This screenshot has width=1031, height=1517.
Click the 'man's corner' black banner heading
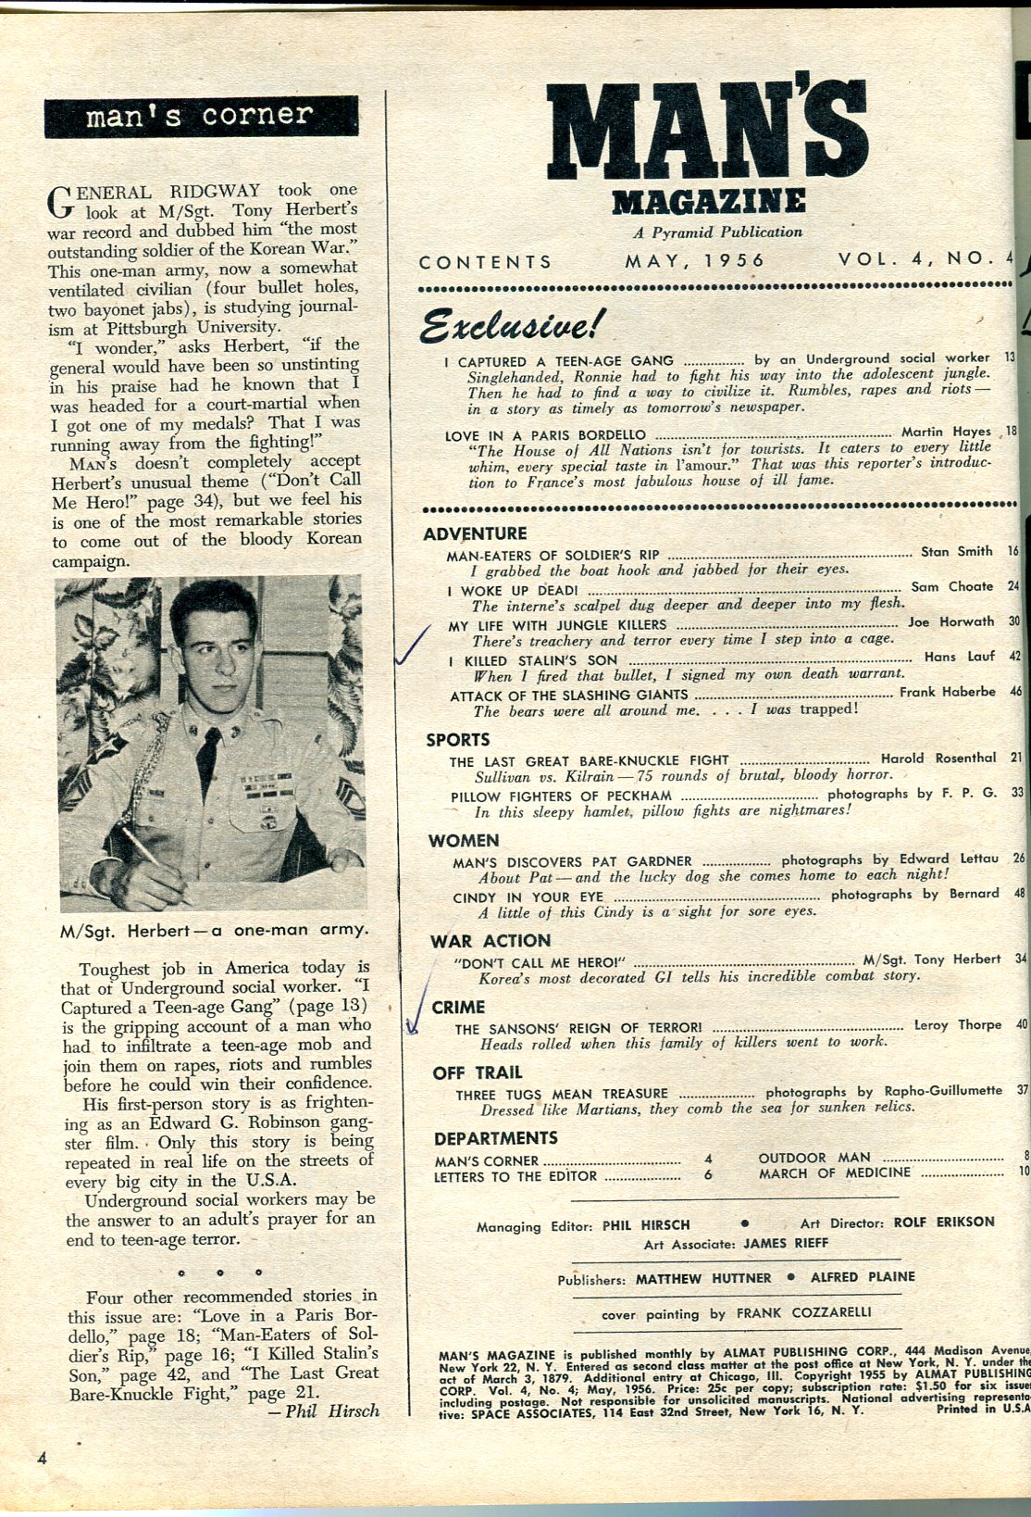pyautogui.click(x=200, y=116)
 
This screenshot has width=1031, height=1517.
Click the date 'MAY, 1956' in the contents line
pyautogui.click(x=695, y=261)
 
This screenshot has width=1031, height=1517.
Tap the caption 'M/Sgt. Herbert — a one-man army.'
pyautogui.click(x=214, y=929)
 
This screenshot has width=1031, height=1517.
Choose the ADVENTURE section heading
pyautogui.click(x=475, y=533)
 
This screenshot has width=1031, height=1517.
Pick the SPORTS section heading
pyautogui.click(x=458, y=739)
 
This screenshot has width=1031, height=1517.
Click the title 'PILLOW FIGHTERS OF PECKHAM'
pyautogui.click(x=561, y=796)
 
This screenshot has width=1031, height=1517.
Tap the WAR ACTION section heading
pyautogui.click(x=491, y=941)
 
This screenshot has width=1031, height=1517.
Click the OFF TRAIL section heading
pyautogui.click(x=478, y=1072)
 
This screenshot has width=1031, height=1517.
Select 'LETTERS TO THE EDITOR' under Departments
pyautogui.click(x=515, y=1177)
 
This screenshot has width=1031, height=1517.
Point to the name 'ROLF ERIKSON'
pyautogui.click(x=944, y=1222)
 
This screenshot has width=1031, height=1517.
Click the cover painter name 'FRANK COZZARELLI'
pyautogui.click(x=803, y=1312)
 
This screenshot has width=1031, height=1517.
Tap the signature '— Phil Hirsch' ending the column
pyautogui.click(x=329, y=1411)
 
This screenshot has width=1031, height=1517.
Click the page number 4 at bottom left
pyautogui.click(x=42, y=1458)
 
